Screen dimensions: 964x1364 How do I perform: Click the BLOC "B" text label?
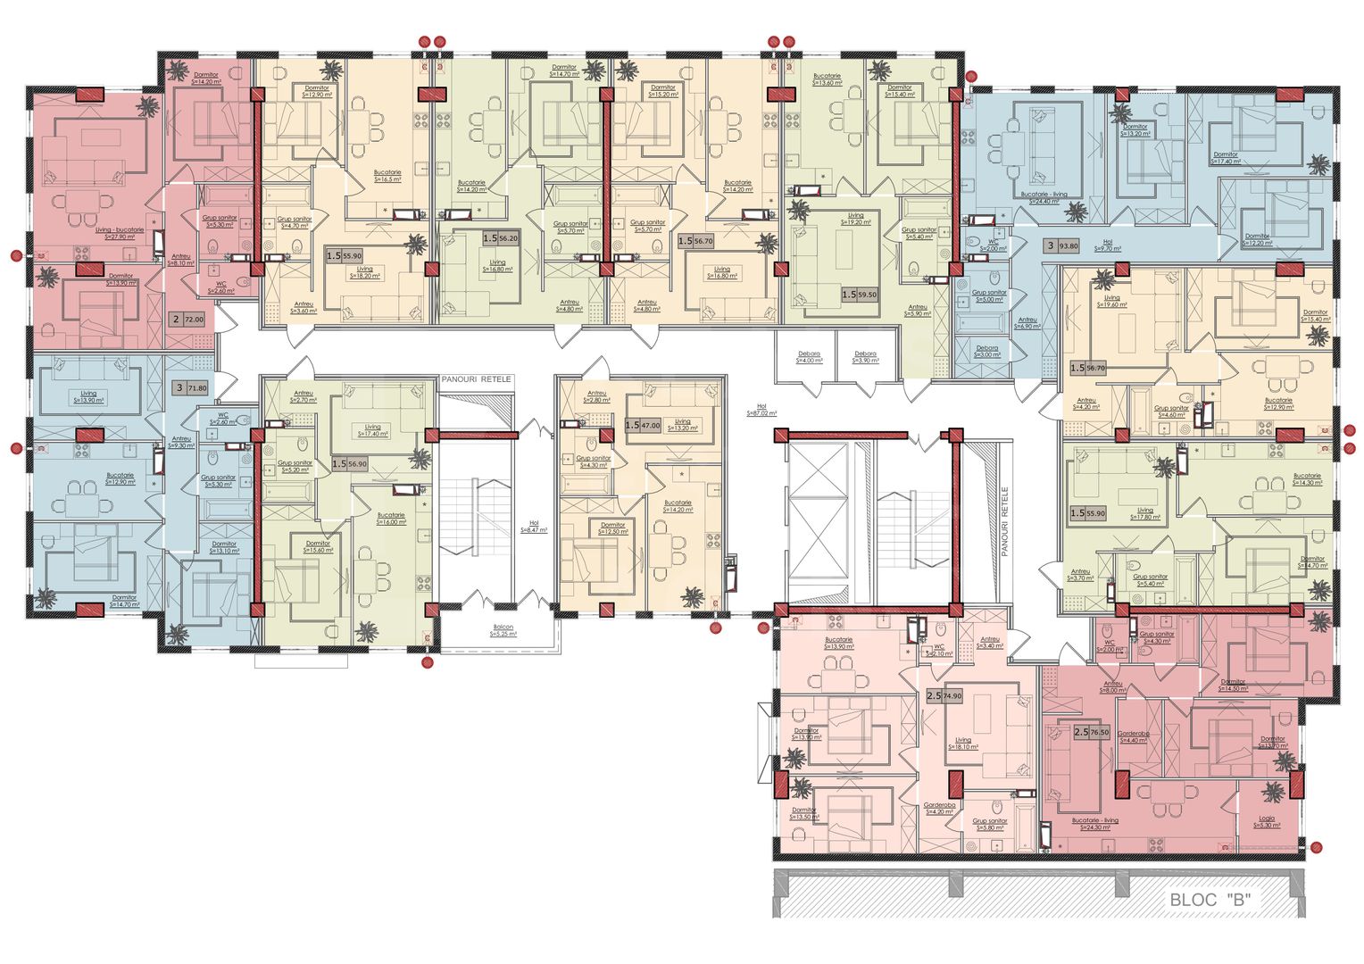coord(1210,900)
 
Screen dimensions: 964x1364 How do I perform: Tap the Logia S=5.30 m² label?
coord(1267,822)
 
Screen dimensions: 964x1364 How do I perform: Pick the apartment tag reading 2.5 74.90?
coord(944,696)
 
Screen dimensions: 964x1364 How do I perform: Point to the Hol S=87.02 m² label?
coord(761,411)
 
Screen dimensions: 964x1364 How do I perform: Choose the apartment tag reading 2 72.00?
coord(188,319)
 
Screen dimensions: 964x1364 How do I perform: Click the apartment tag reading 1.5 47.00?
coord(643,426)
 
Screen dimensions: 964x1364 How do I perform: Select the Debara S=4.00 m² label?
coord(809,357)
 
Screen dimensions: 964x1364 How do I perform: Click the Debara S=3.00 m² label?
coord(986,352)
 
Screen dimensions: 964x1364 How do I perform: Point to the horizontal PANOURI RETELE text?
coord(476,379)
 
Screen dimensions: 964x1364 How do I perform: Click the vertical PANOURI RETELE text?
coord(1004,522)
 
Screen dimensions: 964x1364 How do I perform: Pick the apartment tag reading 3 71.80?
coord(191,388)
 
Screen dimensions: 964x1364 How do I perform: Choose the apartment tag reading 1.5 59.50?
coord(859,294)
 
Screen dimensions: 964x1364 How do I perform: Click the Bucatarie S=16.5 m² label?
coord(387,175)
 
